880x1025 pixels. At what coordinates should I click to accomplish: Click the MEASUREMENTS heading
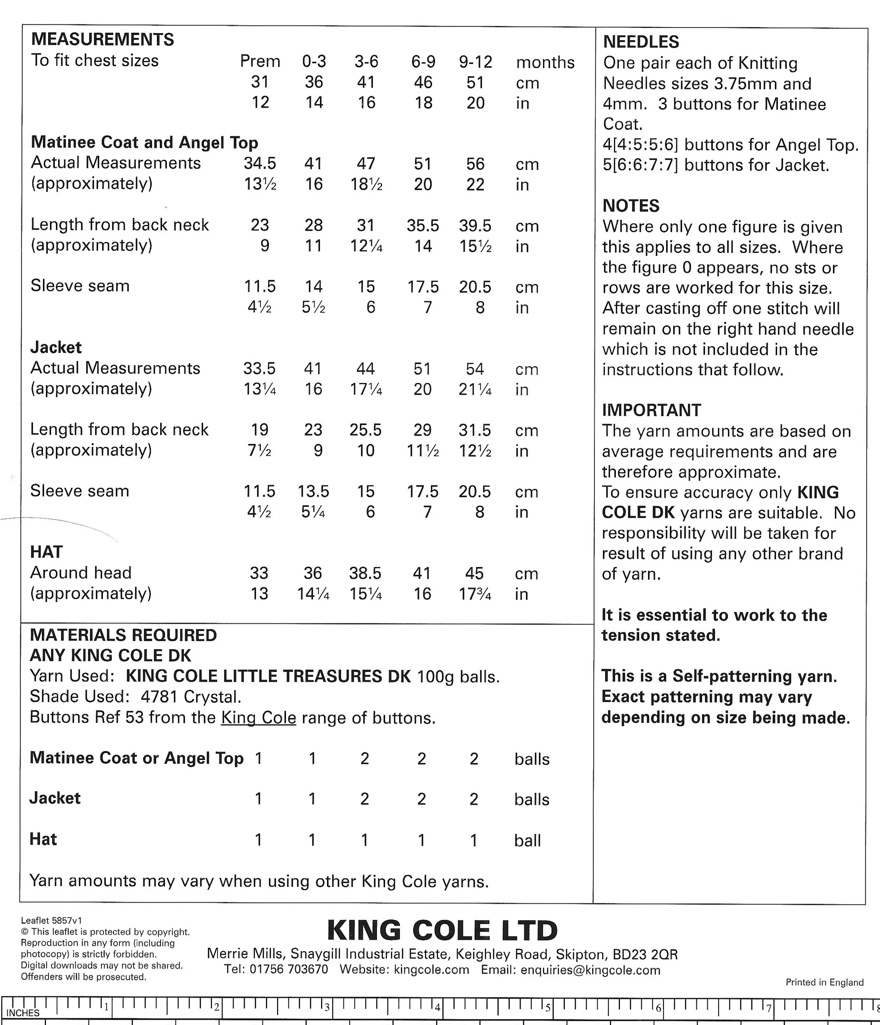click(103, 40)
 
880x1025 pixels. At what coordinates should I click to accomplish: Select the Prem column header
click(260, 61)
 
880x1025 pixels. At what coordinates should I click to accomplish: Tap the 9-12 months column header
click(475, 62)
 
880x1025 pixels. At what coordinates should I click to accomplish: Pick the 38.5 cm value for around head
click(365, 573)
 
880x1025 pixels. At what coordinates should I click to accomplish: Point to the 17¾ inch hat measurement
click(475, 594)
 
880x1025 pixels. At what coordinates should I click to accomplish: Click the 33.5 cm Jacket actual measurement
click(259, 369)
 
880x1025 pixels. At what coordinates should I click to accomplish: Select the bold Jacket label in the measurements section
click(56, 347)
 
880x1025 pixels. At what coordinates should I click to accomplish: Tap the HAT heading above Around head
click(47, 552)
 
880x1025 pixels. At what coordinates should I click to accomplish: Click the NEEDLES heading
click(640, 42)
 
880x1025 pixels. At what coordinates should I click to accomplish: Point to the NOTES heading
click(631, 206)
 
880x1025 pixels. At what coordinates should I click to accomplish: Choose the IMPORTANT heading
click(651, 410)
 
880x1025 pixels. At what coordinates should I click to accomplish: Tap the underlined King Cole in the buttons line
click(258, 717)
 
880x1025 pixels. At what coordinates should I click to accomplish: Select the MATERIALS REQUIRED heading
click(123, 635)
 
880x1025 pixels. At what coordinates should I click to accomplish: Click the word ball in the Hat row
click(527, 841)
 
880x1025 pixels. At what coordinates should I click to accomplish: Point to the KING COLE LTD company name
click(442, 931)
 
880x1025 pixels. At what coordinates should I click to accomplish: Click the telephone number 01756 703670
click(288, 969)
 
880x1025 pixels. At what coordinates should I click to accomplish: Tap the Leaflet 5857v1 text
click(51, 921)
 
